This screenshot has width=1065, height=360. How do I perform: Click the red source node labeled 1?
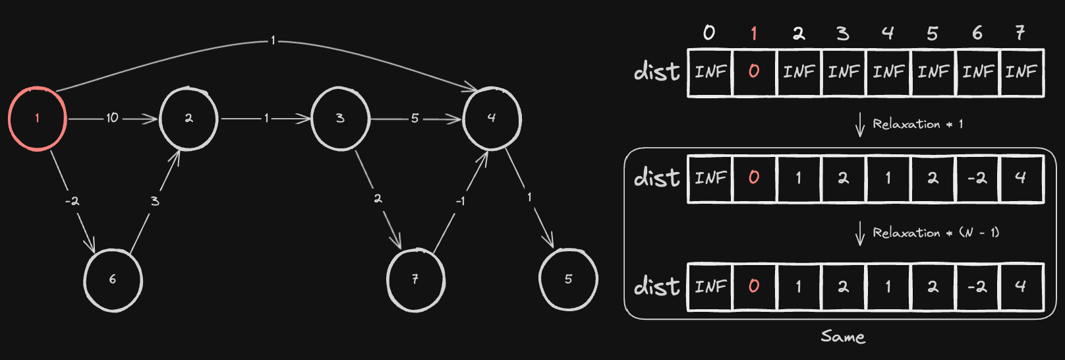point(37,119)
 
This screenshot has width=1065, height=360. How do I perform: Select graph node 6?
point(113,280)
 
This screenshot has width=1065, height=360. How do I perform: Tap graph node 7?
point(416,280)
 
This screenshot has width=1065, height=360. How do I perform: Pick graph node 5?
point(568,280)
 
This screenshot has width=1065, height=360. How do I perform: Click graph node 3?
point(341,119)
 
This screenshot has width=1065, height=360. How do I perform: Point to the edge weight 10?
point(112,118)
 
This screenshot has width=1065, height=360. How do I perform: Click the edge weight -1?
point(460,202)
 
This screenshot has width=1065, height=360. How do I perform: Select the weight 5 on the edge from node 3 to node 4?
point(415,118)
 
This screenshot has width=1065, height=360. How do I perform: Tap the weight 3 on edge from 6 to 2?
point(155,201)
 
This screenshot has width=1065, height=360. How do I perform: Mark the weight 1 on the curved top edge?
point(273,41)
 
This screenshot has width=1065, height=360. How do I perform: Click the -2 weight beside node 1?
point(72,201)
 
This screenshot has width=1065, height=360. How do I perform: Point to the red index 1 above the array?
point(753,33)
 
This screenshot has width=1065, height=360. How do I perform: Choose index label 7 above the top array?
point(1020,33)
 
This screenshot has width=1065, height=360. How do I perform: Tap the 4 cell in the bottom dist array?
point(1022,287)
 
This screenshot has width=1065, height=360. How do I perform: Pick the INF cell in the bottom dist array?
point(710,287)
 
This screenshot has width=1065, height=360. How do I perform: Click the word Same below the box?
point(843,337)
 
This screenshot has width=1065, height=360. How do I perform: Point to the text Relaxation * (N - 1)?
point(936,233)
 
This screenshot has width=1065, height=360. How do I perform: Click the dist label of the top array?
point(657,72)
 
